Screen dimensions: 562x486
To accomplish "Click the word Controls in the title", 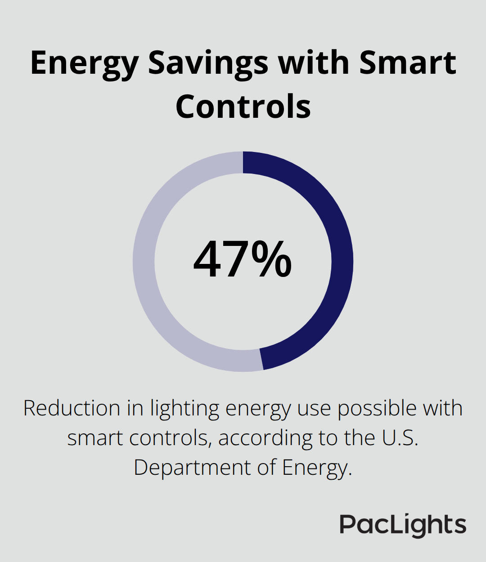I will coord(243,107).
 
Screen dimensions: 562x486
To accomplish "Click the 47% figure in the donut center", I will coord(242,260).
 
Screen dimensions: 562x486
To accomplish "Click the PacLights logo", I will coord(403,525).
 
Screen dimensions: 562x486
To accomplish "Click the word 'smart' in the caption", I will coord(95,438).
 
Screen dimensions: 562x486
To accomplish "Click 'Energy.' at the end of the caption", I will coord(317,468).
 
